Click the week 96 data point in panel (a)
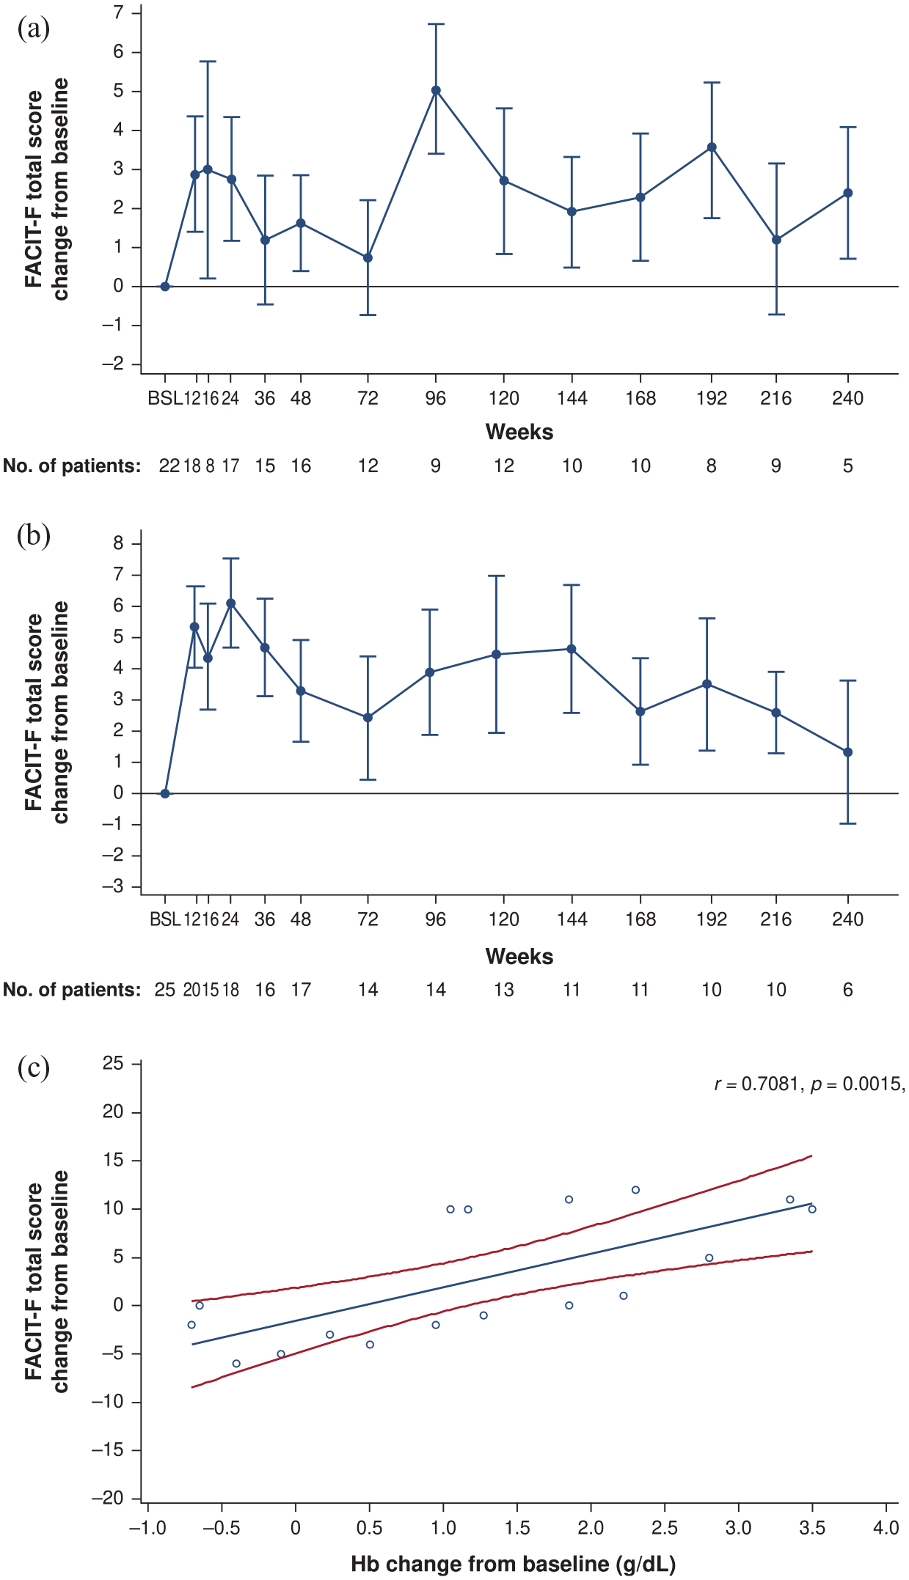[436, 90]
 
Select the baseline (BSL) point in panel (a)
[165, 287]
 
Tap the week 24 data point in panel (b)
[231, 603]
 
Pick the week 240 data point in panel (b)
[848, 752]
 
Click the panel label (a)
[34, 29]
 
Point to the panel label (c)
[34, 1068]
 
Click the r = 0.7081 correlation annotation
[756, 1084]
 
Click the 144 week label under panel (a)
[572, 398]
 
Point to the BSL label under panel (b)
[165, 919]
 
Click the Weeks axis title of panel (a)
[519, 432]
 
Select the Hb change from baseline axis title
[513, 1564]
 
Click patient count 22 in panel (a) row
[169, 466]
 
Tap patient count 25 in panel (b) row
[165, 990]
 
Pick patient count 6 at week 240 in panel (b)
[848, 990]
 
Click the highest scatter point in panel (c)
[635, 1190]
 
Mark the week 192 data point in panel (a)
[712, 147]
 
